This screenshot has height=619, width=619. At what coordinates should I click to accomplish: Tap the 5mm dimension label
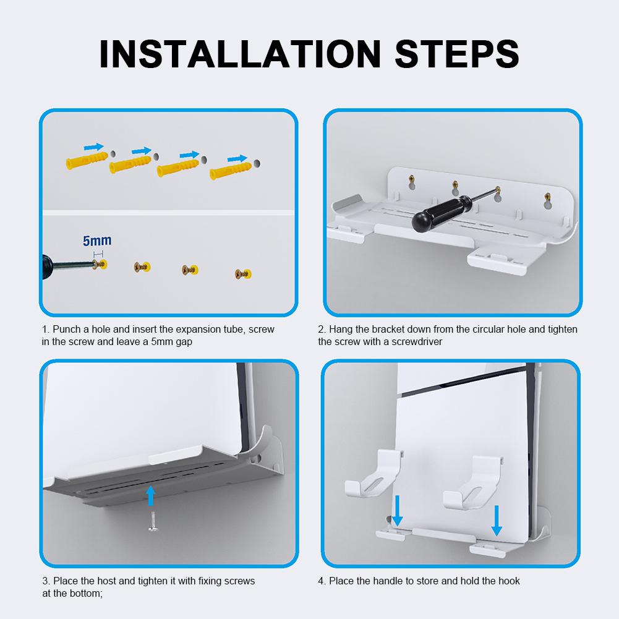98,241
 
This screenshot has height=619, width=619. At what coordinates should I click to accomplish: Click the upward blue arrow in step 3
150,495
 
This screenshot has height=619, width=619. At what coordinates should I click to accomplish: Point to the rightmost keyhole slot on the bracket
547,199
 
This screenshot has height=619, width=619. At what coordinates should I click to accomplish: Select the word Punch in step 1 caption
66,329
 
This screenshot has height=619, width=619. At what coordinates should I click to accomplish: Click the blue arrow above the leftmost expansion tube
93,147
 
